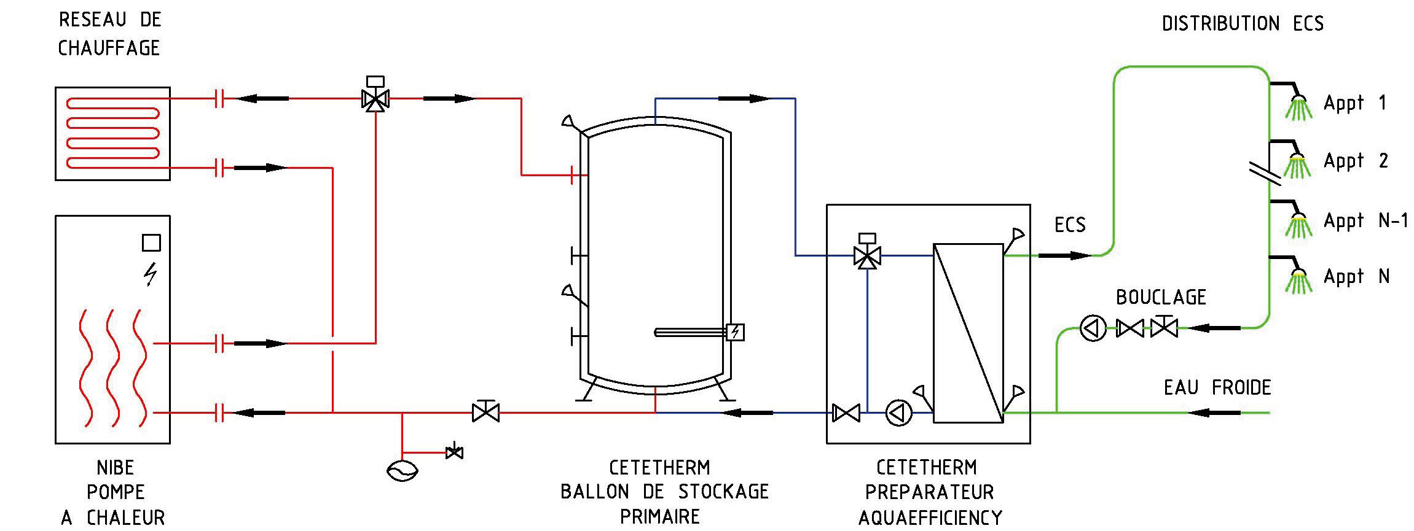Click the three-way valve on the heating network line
pos(375,99)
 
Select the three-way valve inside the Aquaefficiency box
pos(867,255)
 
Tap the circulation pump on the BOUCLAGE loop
pos(1093,329)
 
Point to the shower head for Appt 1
pos(1298,109)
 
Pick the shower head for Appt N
pos(1298,282)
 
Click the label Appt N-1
pos(1365,221)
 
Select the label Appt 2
pos(1356,161)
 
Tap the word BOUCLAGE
pos(1161,298)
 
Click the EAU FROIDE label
pos(1217,388)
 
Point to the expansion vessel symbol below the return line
pos(403,471)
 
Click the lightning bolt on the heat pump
pos(151,274)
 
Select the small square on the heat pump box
pos(151,243)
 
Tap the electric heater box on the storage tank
pos(735,332)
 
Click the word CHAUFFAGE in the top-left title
pos(109,48)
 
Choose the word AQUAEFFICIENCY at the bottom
pos(930,517)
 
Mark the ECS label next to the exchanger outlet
pos(1070,225)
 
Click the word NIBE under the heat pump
pos(115,468)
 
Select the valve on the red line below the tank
pos(485,412)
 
